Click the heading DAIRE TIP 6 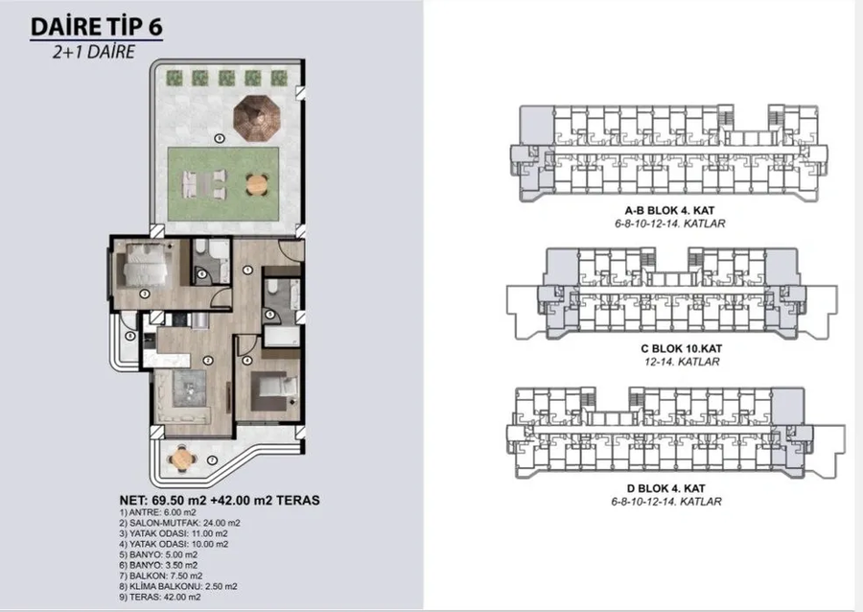[96, 27]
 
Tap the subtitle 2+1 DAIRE [94, 52]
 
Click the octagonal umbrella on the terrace [256, 118]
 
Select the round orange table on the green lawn [257, 184]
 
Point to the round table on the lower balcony [181, 458]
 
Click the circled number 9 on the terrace [220, 139]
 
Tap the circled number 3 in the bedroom [144, 294]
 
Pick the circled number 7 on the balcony [213, 460]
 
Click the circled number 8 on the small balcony [130, 336]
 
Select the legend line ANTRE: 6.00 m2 [157, 512]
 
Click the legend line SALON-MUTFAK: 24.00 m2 [179, 523]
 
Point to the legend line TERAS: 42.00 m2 [159, 597]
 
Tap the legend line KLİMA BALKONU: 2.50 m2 [177, 586]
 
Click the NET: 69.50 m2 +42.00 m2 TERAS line [219, 501]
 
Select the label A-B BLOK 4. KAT [669, 210]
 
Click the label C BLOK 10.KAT [682, 348]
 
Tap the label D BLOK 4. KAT [666, 488]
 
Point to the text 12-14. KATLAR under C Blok [682, 362]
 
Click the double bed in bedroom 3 [147, 266]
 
